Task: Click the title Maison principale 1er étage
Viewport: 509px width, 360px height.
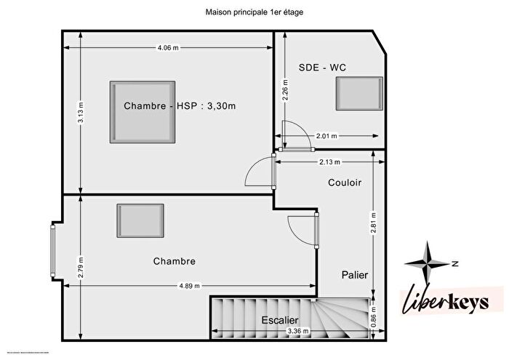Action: point(254,12)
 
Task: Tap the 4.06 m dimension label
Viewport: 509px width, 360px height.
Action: point(168,48)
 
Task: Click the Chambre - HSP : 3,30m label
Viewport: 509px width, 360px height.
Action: point(180,105)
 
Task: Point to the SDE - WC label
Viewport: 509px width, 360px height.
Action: point(322,68)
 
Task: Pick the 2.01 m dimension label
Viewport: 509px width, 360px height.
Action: point(326,135)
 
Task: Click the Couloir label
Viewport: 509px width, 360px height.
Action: point(345,183)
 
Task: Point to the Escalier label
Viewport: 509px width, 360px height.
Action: point(280,319)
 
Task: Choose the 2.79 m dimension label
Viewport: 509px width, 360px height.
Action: point(81,267)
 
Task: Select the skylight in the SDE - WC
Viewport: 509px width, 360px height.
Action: point(358,93)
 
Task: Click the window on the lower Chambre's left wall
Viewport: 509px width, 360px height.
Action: point(53,251)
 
